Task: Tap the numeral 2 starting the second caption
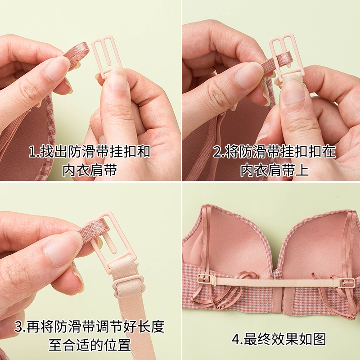[x=218, y=152]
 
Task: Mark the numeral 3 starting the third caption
[x=18, y=327]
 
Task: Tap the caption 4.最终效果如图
[x=279, y=339]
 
